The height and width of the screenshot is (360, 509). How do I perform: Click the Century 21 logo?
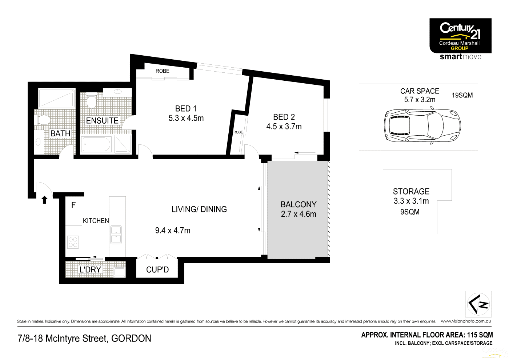click(460, 36)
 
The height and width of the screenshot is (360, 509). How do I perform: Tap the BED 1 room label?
click(186, 109)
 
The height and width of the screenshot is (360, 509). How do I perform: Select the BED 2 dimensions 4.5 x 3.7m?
click(284, 127)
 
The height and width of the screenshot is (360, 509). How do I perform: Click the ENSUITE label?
click(102, 121)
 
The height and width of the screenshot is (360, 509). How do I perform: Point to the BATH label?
click(60, 133)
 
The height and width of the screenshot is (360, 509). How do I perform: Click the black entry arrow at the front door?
click(45, 200)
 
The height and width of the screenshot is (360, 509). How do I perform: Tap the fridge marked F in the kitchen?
click(73, 205)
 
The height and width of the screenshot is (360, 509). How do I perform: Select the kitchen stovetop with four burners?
click(73, 242)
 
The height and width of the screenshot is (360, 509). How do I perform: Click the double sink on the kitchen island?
click(116, 235)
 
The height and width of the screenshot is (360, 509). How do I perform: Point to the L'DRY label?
click(90, 269)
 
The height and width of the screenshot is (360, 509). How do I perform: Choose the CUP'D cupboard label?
click(157, 270)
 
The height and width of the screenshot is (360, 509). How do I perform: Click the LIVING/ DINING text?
click(199, 209)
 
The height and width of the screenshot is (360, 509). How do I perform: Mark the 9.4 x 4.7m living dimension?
click(173, 231)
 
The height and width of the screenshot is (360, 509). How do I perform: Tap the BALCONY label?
click(298, 204)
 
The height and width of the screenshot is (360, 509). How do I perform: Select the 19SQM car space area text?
click(462, 95)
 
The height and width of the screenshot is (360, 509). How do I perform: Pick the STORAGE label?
click(411, 192)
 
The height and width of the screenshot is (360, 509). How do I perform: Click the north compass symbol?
click(478, 304)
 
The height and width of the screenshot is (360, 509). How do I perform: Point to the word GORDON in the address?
click(131, 339)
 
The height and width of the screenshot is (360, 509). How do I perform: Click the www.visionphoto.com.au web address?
click(466, 321)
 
